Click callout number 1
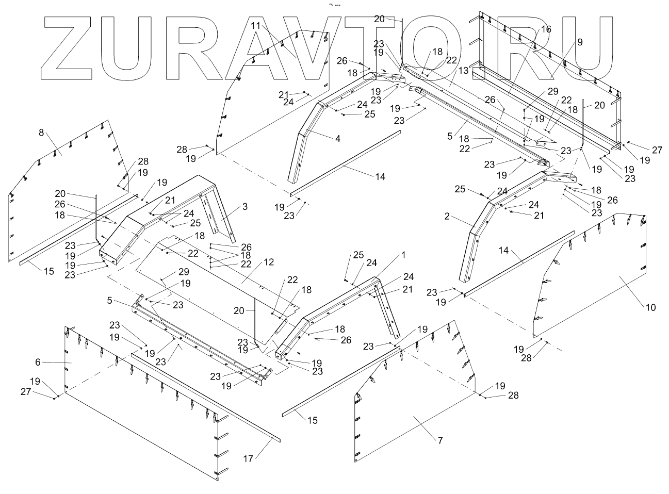pyautogui.click(x=404, y=255)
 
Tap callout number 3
pyautogui.click(x=245, y=207)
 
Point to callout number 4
pyautogui.click(x=338, y=138)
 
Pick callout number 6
pyautogui.click(x=38, y=363)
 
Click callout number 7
pyautogui.click(x=440, y=440)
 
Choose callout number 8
pyautogui.click(x=41, y=133)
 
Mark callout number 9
pyautogui.click(x=580, y=43)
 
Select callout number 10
pyautogui.click(x=651, y=308)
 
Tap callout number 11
pyautogui.click(x=256, y=25)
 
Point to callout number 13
pyautogui.click(x=462, y=71)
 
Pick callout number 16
pyautogui.click(x=546, y=30)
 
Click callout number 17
pyautogui.click(x=248, y=459)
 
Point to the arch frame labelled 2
pyautogui.click(x=472, y=242)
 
